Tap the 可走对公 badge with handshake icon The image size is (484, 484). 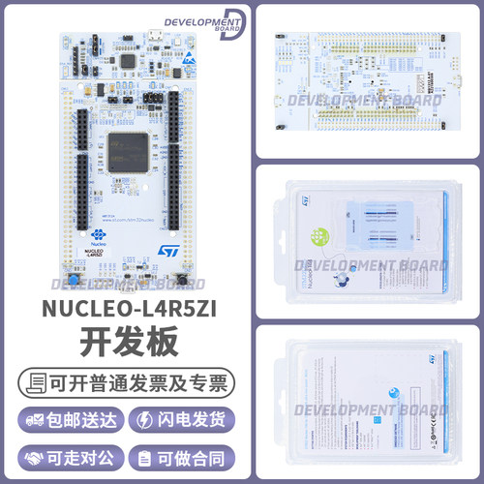(x=64, y=456)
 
